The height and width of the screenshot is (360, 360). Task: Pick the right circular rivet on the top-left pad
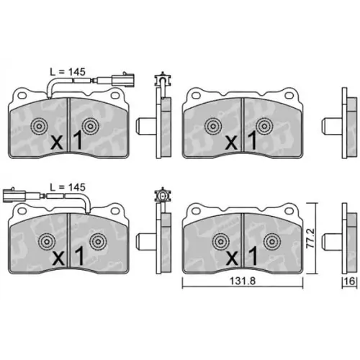91,126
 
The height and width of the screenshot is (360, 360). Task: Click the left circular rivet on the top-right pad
214,126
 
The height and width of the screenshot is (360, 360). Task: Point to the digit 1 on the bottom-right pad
253,256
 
